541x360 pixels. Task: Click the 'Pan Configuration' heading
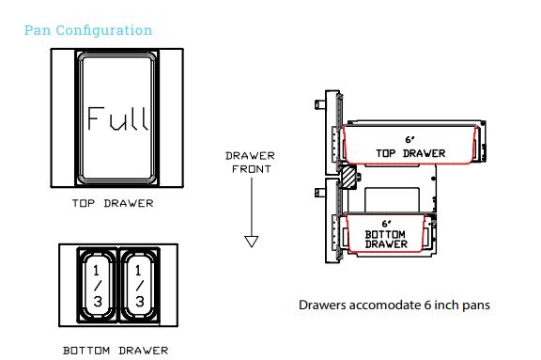tap(88, 30)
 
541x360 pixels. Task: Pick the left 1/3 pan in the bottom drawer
tap(98, 284)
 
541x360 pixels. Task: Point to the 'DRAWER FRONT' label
tap(250, 163)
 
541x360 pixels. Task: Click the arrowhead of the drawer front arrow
tap(251, 242)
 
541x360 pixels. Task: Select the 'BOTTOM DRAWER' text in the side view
tap(386, 239)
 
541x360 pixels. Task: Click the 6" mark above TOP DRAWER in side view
tap(410, 138)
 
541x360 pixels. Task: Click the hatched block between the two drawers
tap(348, 175)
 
